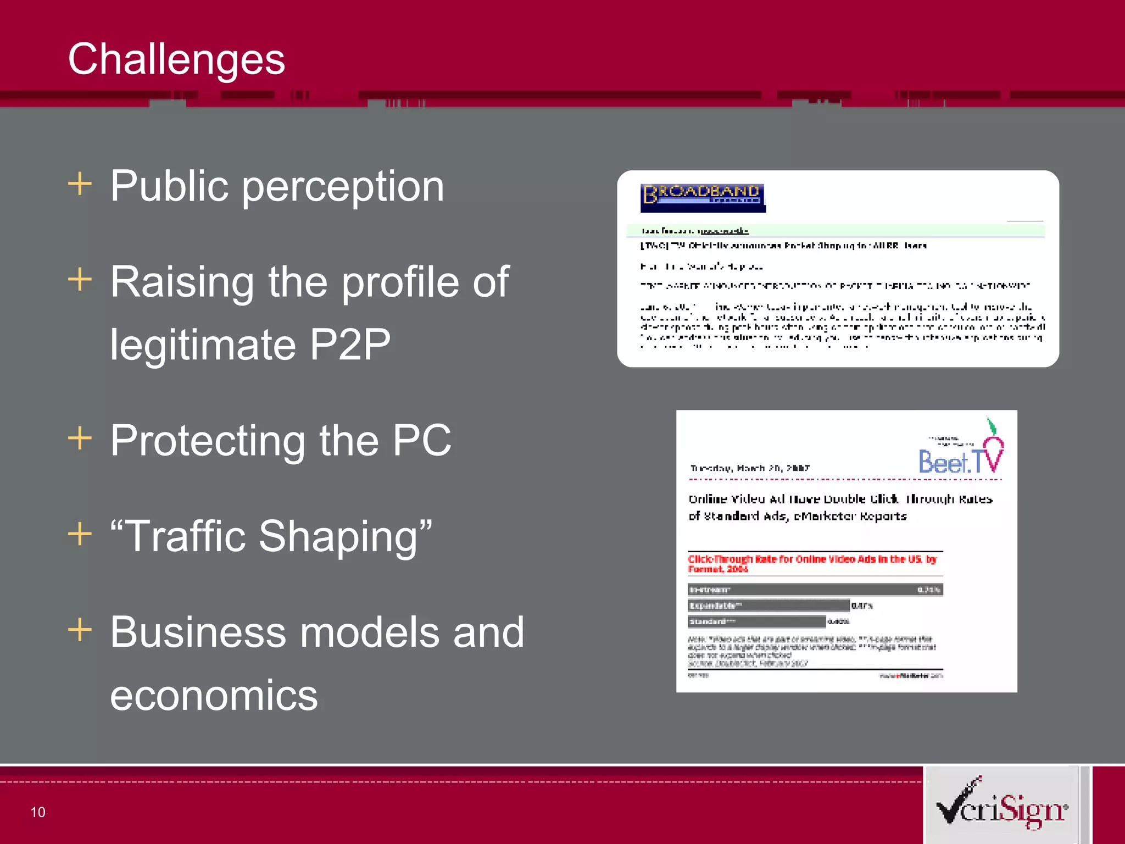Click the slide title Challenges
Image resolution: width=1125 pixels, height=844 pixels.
click(176, 59)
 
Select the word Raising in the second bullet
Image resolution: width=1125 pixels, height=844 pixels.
click(181, 282)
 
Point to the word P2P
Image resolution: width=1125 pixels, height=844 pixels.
click(350, 345)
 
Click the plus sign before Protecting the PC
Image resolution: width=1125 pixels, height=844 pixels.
click(80, 438)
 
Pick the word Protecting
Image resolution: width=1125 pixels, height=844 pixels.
click(207, 441)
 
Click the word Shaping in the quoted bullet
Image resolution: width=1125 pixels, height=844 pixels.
click(345, 536)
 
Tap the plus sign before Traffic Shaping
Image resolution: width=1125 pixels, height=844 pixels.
click(80, 534)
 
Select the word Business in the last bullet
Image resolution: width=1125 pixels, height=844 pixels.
click(198, 632)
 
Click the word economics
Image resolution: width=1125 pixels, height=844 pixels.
click(214, 695)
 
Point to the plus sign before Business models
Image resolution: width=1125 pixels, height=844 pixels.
click(80, 629)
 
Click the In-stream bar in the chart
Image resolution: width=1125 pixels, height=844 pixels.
click(815, 590)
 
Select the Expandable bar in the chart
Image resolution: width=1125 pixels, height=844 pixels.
click(768, 606)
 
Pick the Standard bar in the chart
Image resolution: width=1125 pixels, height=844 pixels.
click(757, 621)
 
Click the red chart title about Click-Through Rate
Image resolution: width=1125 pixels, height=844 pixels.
click(811, 564)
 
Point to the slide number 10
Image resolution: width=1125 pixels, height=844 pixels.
click(38, 812)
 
